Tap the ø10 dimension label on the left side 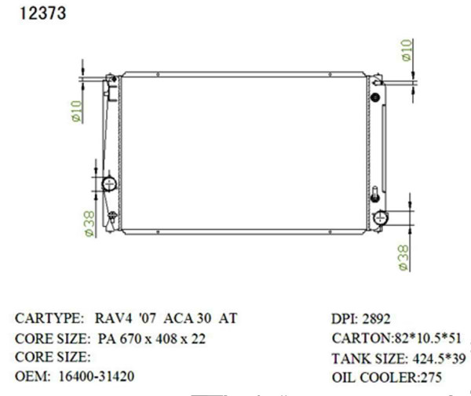pyautogui.click(x=76, y=111)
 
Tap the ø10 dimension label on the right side pyautogui.click(x=407, y=50)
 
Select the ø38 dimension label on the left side pyautogui.click(x=89, y=223)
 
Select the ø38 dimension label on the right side pyautogui.click(x=403, y=257)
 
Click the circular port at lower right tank pyautogui.click(x=380, y=217)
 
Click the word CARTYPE pyautogui.click(x=49, y=319)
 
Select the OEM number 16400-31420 pyautogui.click(x=97, y=376)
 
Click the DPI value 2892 pyautogui.click(x=376, y=319)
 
